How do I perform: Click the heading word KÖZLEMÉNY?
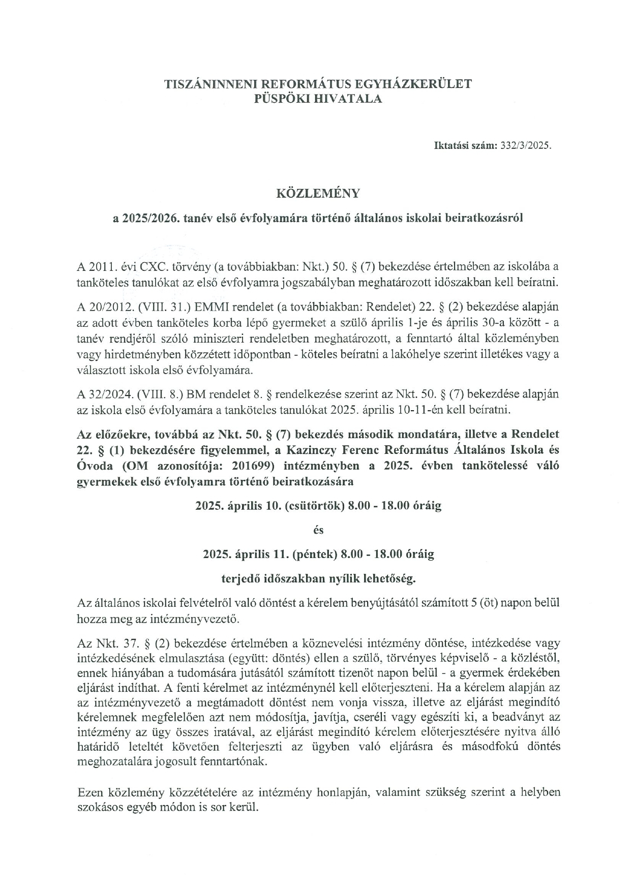[317, 194]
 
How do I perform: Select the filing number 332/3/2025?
[526, 145]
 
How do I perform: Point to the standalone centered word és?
[318, 530]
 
